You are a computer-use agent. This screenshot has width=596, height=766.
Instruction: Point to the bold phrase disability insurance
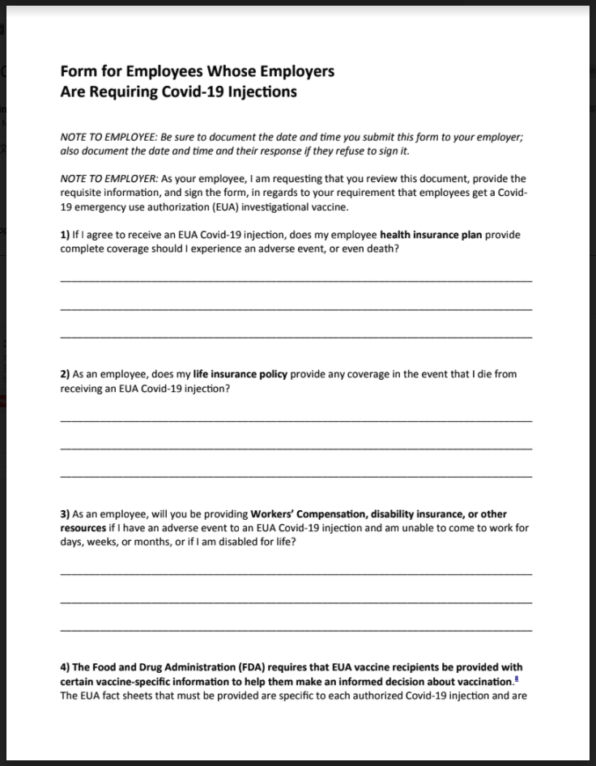[409, 514]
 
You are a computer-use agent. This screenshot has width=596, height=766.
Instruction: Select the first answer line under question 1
[296, 281]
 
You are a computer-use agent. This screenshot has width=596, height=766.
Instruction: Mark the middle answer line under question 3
[296, 602]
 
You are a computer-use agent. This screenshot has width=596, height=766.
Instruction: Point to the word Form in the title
[78, 71]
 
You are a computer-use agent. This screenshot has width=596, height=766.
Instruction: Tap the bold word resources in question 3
[83, 528]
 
